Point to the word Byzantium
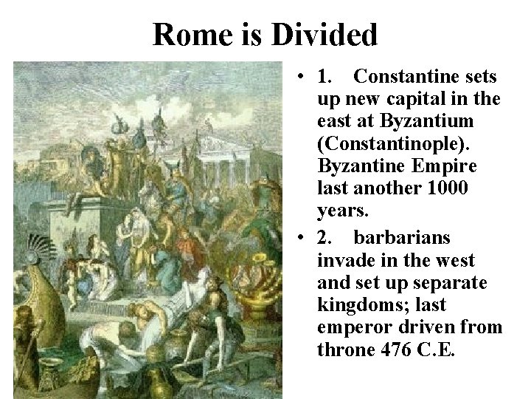point(431,120)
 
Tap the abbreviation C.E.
point(439,349)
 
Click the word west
point(455,259)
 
